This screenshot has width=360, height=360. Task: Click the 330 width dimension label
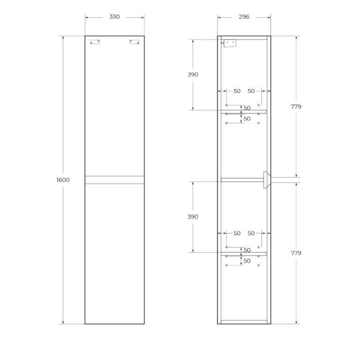[x=115, y=17]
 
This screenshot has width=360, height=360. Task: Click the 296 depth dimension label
[x=244, y=17]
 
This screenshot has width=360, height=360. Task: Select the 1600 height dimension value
[x=63, y=180]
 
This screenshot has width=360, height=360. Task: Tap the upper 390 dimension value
[x=193, y=75]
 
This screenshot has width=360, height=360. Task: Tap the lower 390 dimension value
[x=193, y=217]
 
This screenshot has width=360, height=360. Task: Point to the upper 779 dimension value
[x=296, y=107]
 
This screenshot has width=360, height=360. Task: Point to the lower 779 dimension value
[x=296, y=253]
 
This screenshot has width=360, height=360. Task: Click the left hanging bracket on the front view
[x=95, y=42]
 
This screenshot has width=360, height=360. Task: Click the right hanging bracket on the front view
[x=134, y=42]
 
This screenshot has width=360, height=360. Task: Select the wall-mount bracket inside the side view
[x=229, y=44]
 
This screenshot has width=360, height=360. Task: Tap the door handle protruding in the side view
[x=266, y=180]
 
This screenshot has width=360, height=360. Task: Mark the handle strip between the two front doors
[x=115, y=180]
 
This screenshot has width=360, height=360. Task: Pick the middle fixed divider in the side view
[x=241, y=180]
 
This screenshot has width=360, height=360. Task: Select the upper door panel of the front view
[x=115, y=106]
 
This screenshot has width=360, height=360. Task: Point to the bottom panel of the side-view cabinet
[x=244, y=322]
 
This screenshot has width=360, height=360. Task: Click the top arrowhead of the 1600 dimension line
[x=63, y=37]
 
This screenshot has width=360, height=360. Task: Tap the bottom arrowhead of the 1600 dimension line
[x=63, y=323]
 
